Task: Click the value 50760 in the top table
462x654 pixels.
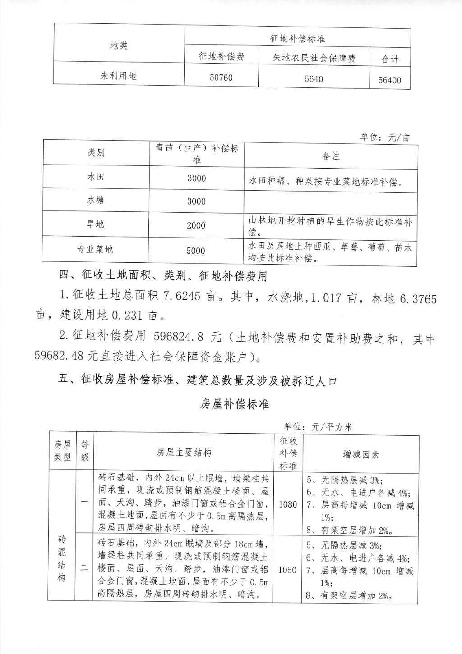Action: tap(221, 78)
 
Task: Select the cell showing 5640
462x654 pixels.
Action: tap(314, 79)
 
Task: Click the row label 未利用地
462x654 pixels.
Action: tap(118, 76)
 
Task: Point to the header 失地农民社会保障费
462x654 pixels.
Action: tap(314, 58)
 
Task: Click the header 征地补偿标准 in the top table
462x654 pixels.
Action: tap(297, 39)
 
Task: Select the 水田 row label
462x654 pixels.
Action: tap(96, 177)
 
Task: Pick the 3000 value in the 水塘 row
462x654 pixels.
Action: tap(196, 201)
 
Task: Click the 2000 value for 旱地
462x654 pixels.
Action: tap(196, 225)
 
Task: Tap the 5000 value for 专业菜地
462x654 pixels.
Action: tap(196, 251)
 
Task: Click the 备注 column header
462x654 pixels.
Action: tap(331, 156)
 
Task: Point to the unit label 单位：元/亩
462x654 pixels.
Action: tap(385, 137)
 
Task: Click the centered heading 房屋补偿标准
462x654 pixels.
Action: tap(235, 404)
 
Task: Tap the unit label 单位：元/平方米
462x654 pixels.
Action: tap(318, 426)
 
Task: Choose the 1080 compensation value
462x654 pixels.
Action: tap(288, 503)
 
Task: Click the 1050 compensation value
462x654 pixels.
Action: tap(287, 570)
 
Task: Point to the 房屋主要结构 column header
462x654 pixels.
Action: tap(184, 453)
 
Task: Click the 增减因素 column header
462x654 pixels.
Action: tap(361, 454)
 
